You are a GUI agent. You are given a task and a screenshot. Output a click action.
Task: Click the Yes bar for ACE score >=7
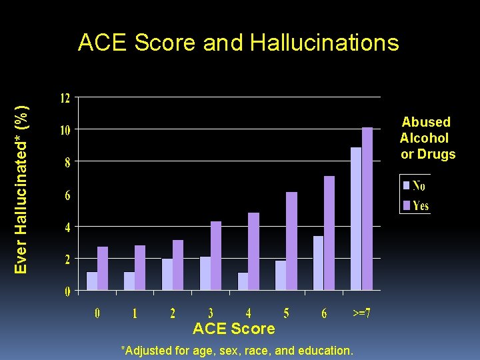(x=367, y=209)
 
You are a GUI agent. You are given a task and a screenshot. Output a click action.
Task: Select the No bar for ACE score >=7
(x=356, y=219)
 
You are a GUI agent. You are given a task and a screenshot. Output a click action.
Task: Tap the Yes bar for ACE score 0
(x=103, y=269)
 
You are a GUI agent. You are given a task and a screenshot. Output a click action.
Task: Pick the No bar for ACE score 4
(x=243, y=281)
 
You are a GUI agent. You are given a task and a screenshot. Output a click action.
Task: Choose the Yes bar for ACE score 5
(x=292, y=241)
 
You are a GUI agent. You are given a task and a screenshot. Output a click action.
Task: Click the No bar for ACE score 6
(x=319, y=263)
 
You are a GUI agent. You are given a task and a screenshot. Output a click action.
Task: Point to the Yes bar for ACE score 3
(x=216, y=256)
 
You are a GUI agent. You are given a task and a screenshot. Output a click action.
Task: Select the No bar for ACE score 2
(x=167, y=275)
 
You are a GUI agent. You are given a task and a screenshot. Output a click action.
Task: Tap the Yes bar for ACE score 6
(x=329, y=233)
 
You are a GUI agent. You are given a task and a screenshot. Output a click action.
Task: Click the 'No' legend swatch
(x=406, y=185)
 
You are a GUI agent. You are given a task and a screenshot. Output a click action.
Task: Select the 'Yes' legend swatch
(x=406, y=205)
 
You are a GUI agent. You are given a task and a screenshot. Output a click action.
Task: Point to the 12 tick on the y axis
(x=65, y=98)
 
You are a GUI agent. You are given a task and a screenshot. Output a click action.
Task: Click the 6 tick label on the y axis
(x=67, y=195)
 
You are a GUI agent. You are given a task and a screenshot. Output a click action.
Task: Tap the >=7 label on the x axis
(x=361, y=313)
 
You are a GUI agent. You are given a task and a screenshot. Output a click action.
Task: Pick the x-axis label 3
(x=211, y=313)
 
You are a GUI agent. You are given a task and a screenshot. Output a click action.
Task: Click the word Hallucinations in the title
(x=325, y=43)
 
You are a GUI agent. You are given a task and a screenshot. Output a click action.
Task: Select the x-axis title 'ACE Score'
(x=233, y=329)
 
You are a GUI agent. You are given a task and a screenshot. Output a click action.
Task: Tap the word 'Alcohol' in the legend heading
(x=424, y=138)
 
